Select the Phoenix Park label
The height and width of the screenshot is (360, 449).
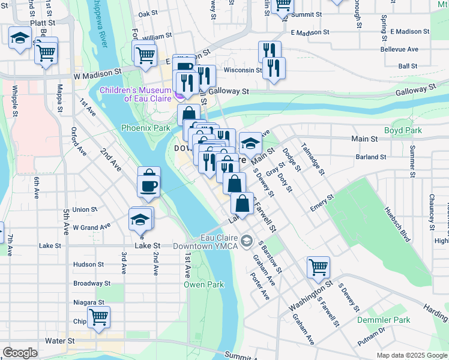pos(145,128)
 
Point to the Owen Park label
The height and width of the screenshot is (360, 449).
pos(204,284)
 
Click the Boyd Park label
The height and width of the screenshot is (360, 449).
pos(403,130)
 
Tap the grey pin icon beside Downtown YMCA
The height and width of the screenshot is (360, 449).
pos(246,241)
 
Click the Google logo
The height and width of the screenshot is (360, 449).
pos(20,353)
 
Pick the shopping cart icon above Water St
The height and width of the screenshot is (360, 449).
pos(98,317)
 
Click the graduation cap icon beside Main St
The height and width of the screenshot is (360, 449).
pos(250,144)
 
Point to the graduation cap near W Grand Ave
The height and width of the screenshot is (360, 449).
pos(140,220)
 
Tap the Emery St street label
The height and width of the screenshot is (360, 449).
pos(322,202)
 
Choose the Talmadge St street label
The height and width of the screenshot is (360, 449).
pos(314,158)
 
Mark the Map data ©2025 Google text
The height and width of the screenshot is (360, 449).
pos(412,355)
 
